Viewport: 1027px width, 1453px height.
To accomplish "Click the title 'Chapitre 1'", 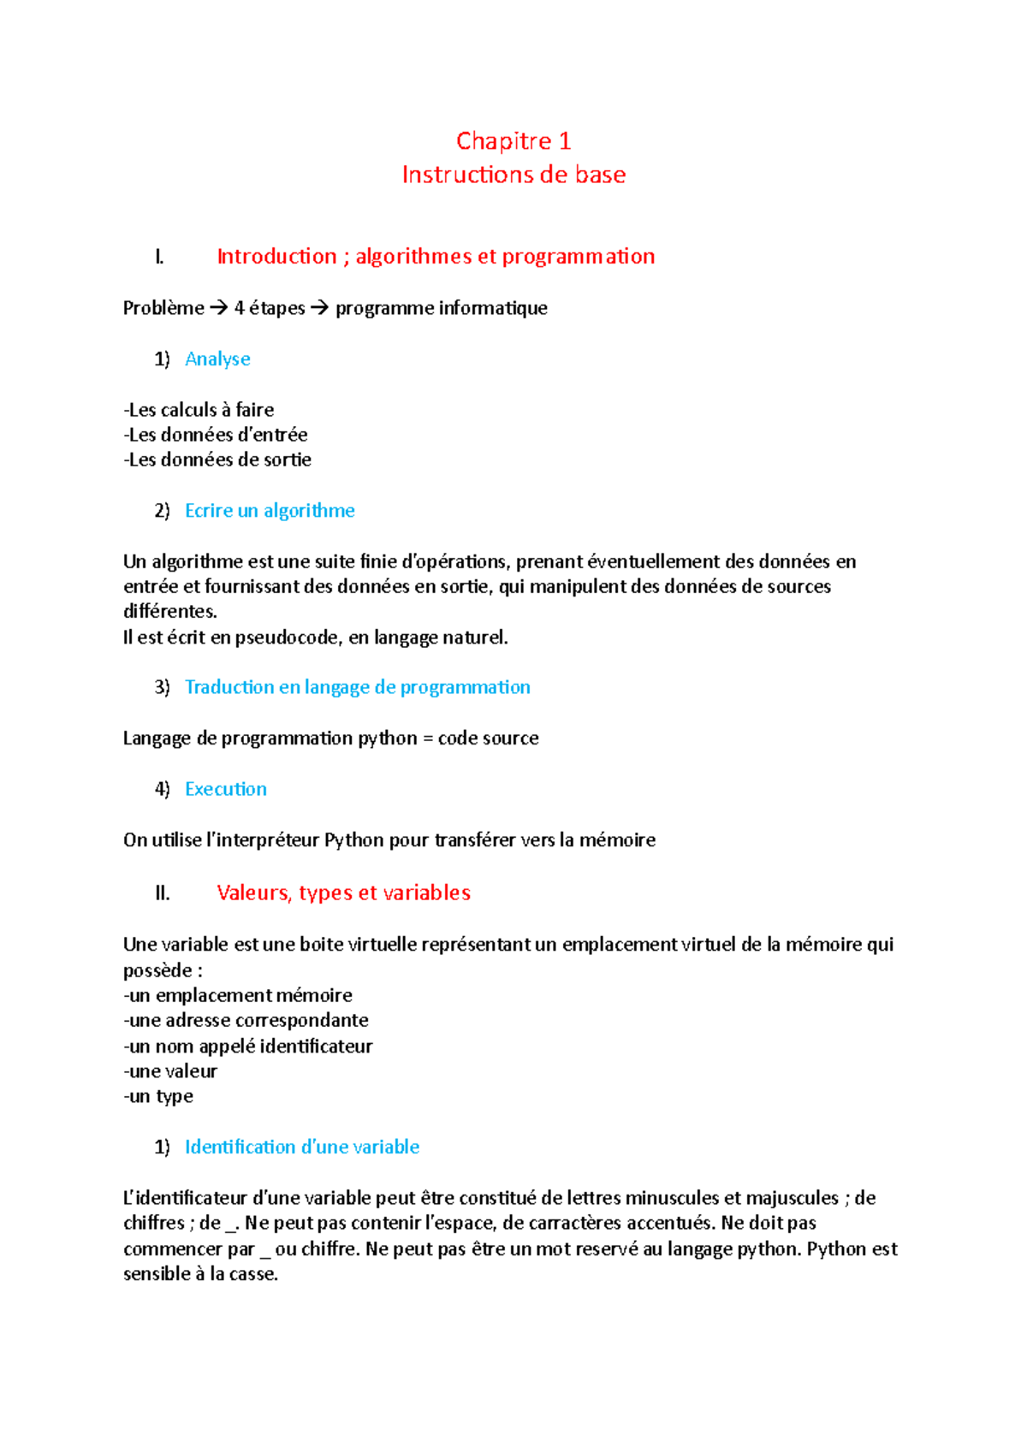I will (513, 140).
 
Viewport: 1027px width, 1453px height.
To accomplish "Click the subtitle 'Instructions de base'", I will (513, 175).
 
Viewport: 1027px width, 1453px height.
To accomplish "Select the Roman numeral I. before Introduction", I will (159, 257).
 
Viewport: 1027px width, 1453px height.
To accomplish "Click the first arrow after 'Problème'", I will (218, 308).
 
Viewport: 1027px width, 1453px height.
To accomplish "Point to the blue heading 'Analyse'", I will (217, 359).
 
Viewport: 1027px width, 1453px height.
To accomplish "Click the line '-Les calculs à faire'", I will (199, 410).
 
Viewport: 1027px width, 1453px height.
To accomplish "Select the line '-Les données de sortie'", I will (217, 460).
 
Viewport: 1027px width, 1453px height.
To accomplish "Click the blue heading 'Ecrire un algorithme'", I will (270, 511).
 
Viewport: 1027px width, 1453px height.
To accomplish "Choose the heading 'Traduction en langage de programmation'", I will (357, 687).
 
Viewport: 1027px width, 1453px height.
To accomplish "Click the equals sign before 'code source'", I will (428, 738).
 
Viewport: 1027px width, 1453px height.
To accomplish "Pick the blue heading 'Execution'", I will (225, 789).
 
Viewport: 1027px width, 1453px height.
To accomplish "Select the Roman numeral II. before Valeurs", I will (163, 893).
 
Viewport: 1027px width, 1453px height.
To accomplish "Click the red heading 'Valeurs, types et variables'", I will (343, 893).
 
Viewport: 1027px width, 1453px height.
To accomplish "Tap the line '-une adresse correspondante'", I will (246, 1020).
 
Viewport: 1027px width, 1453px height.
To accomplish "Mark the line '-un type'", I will (158, 1096).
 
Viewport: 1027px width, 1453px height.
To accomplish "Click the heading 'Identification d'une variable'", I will (301, 1147).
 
